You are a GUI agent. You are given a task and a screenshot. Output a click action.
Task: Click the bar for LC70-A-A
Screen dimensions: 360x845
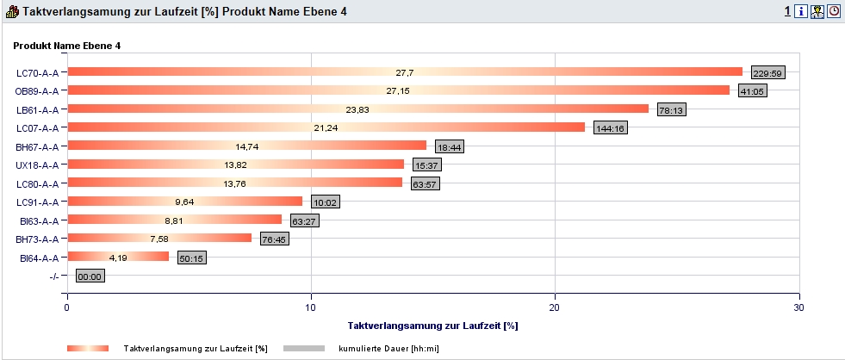coord(404,71)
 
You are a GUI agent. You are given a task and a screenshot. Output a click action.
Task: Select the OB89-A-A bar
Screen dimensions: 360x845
coord(398,90)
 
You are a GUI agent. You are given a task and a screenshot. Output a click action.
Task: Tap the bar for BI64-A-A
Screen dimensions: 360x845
coord(118,257)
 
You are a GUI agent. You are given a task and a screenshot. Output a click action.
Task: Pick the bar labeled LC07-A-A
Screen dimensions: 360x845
coord(326,127)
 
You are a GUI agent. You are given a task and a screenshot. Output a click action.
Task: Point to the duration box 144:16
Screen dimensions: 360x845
coord(611,129)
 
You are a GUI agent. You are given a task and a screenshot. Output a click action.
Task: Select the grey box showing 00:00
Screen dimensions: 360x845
coord(90,276)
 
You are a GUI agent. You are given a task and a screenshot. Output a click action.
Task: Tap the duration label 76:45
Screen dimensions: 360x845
coord(275,239)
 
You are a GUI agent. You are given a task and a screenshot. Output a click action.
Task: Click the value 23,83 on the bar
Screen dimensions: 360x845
coord(357,109)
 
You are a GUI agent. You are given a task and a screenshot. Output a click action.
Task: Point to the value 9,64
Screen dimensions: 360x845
coord(184,202)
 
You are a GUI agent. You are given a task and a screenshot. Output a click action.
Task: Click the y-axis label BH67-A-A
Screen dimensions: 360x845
coord(37,146)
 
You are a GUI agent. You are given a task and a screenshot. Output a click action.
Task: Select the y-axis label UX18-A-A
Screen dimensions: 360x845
coord(37,165)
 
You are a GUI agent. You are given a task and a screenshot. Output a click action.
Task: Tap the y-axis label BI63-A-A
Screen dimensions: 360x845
coord(38,220)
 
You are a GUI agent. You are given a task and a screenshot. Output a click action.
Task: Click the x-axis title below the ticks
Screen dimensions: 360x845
coord(432,326)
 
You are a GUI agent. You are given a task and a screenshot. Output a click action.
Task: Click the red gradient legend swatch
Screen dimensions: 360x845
coord(88,348)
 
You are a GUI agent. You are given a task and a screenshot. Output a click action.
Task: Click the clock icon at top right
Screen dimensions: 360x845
coord(834,12)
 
